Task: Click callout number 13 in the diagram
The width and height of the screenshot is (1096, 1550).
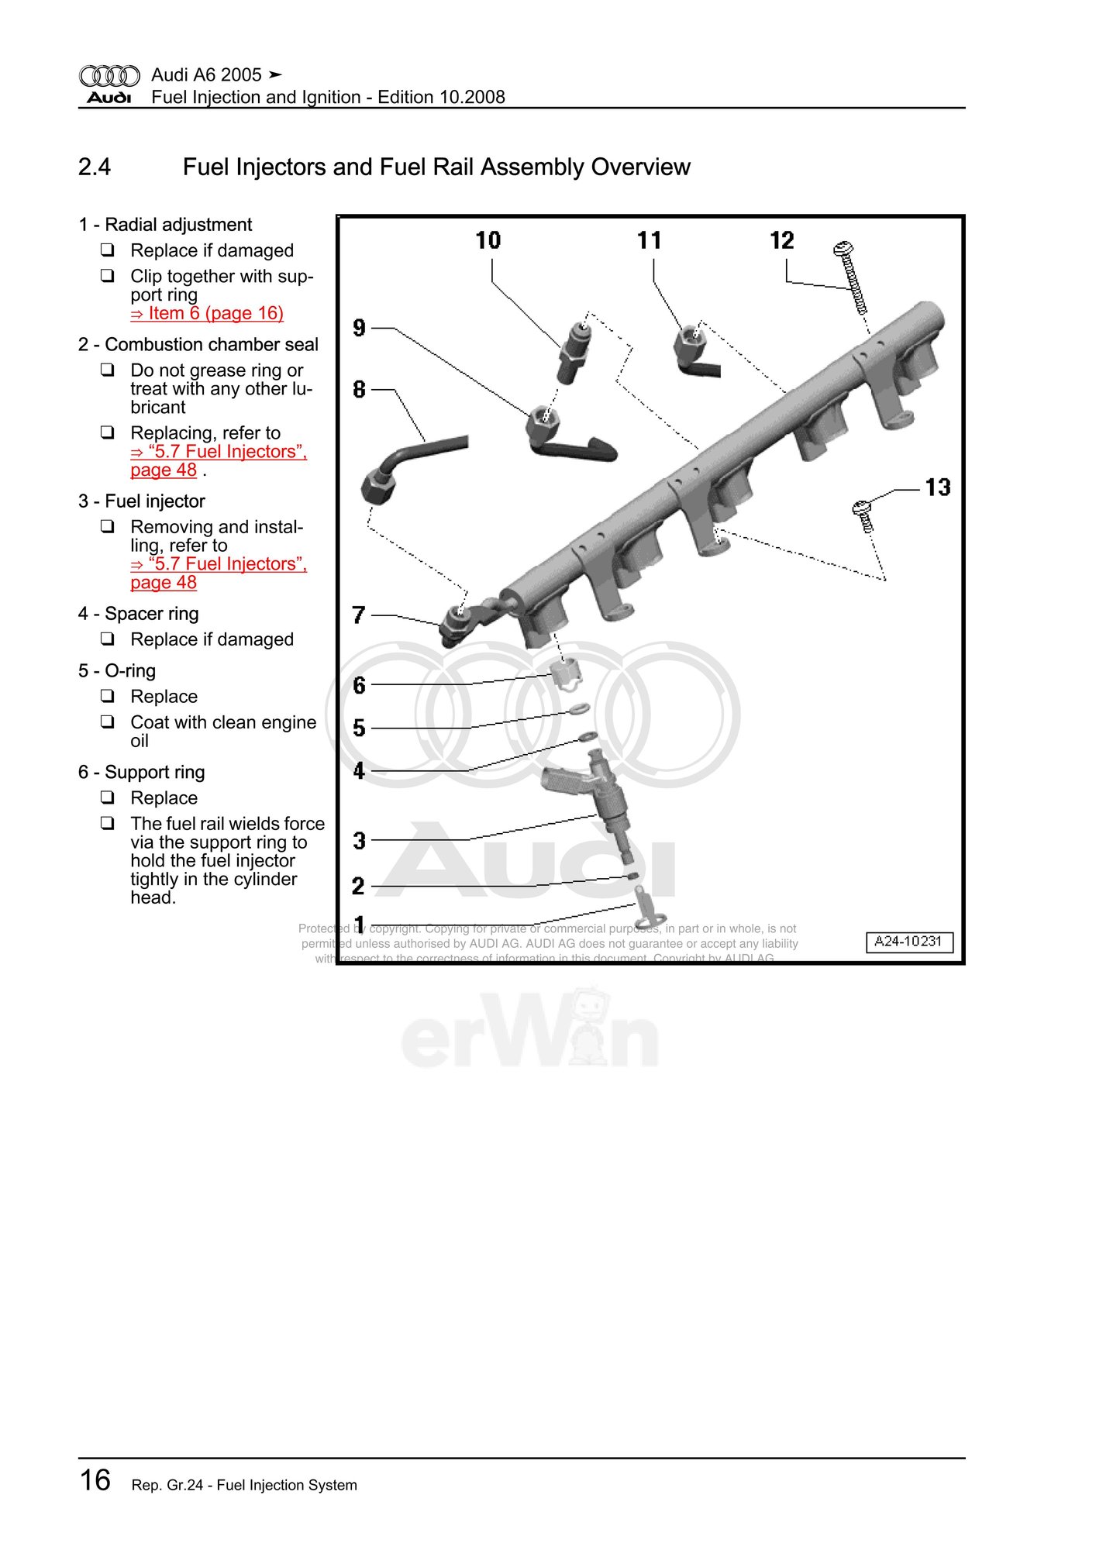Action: (937, 487)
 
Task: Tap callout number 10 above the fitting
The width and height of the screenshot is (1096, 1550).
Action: (488, 240)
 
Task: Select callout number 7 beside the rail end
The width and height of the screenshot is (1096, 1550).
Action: (358, 615)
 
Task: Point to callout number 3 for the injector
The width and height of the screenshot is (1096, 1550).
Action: (359, 840)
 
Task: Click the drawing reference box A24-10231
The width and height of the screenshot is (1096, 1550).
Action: (908, 942)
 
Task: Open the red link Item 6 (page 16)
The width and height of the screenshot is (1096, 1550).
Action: (207, 313)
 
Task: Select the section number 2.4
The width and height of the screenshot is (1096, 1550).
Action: (95, 167)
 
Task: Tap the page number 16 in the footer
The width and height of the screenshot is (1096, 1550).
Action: (96, 1479)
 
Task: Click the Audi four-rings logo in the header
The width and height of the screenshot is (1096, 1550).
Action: (109, 76)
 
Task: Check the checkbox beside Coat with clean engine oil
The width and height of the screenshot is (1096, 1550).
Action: (108, 722)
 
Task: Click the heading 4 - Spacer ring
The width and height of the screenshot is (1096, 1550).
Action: (139, 614)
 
